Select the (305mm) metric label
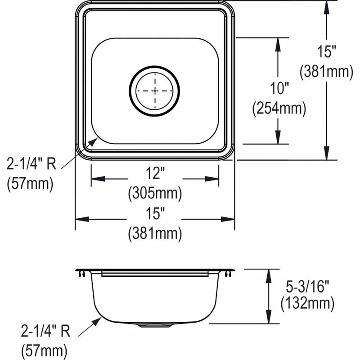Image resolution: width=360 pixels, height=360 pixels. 155,194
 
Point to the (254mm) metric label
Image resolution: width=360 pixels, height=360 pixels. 279,108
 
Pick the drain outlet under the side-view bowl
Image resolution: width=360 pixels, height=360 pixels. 154,325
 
